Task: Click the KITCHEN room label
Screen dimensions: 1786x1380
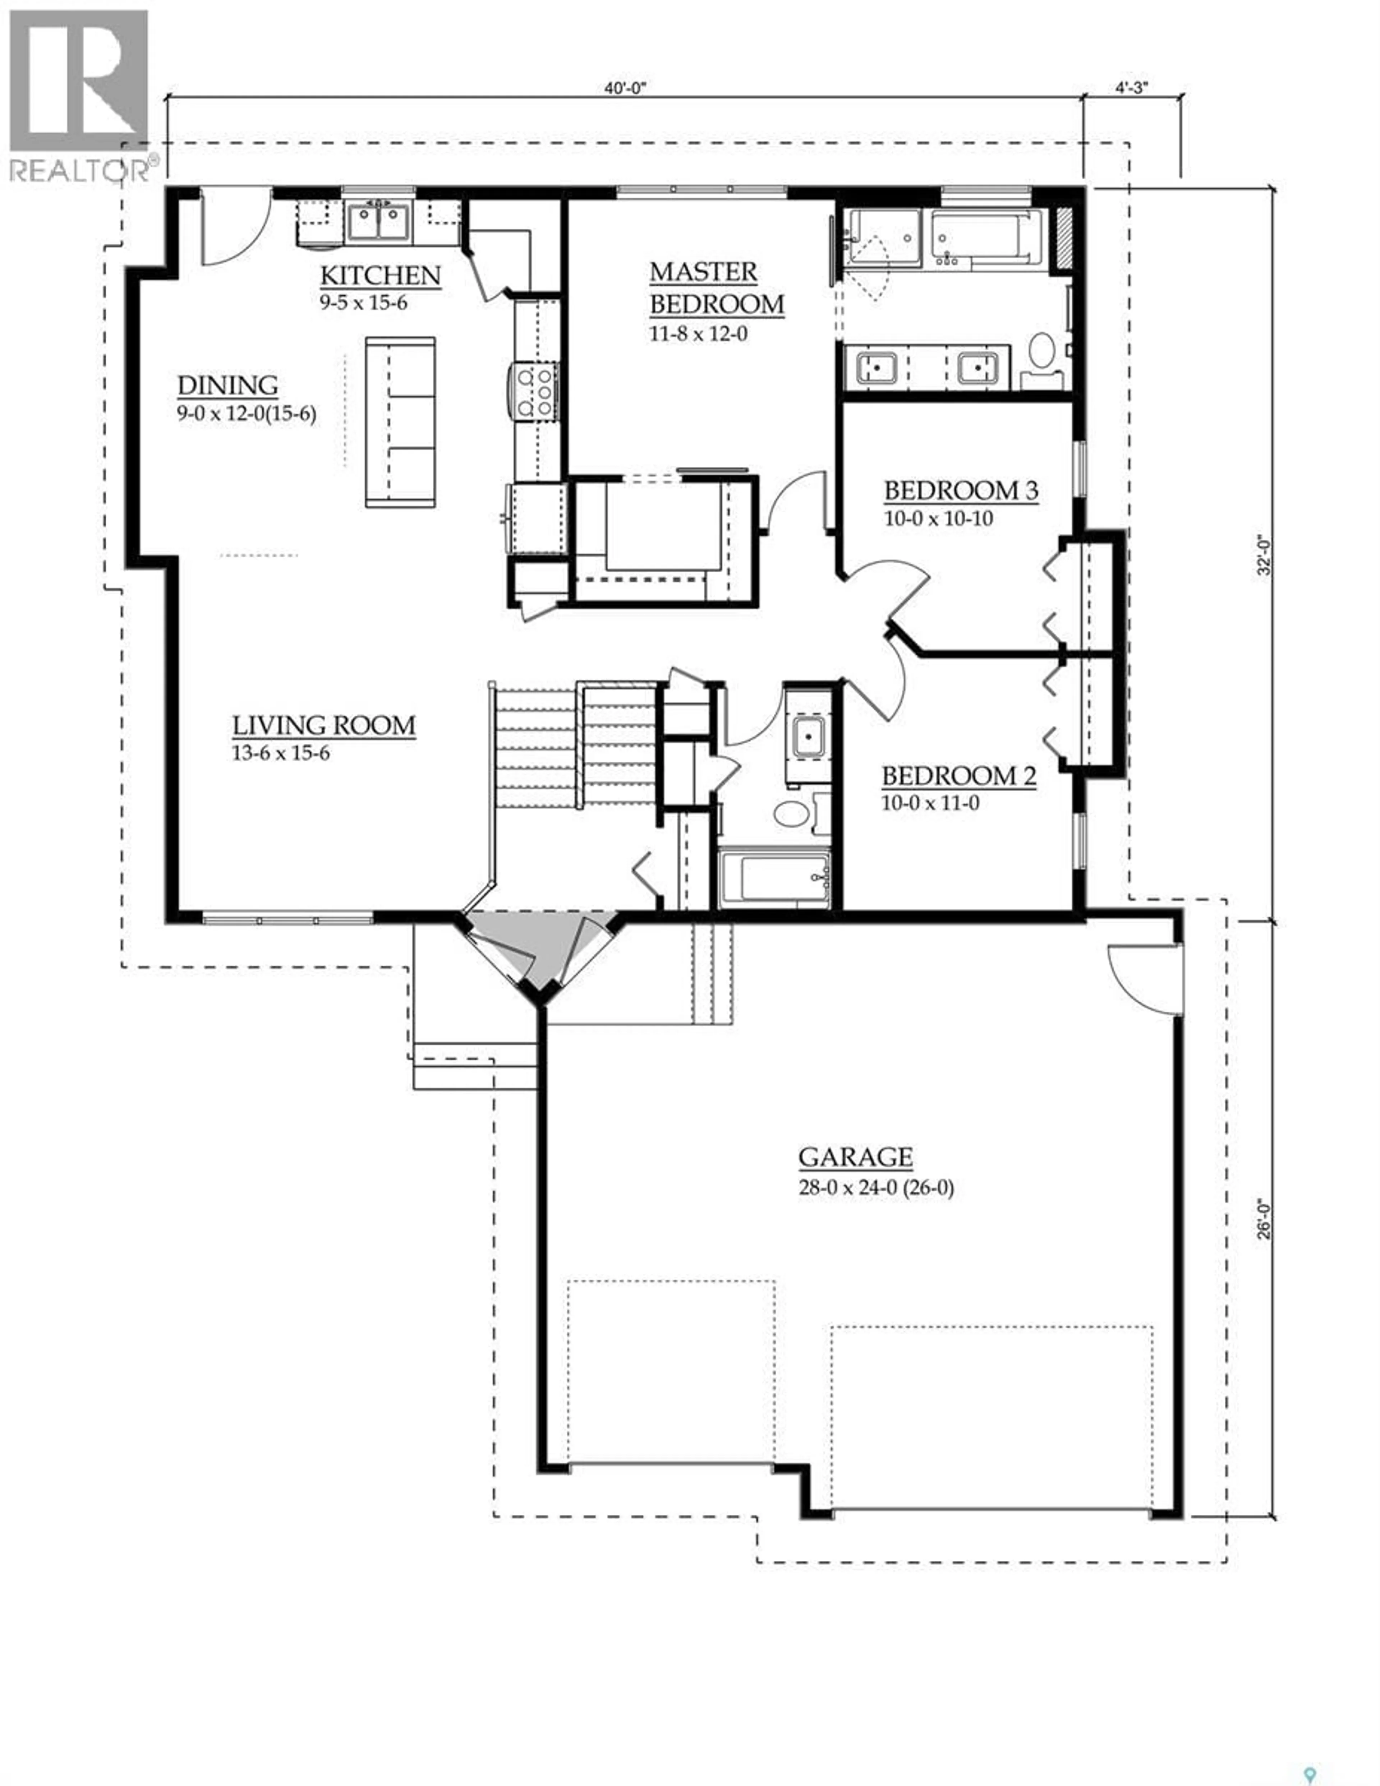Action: point(379,276)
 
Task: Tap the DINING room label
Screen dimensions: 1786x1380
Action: point(227,385)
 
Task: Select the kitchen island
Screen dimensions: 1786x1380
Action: point(400,422)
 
